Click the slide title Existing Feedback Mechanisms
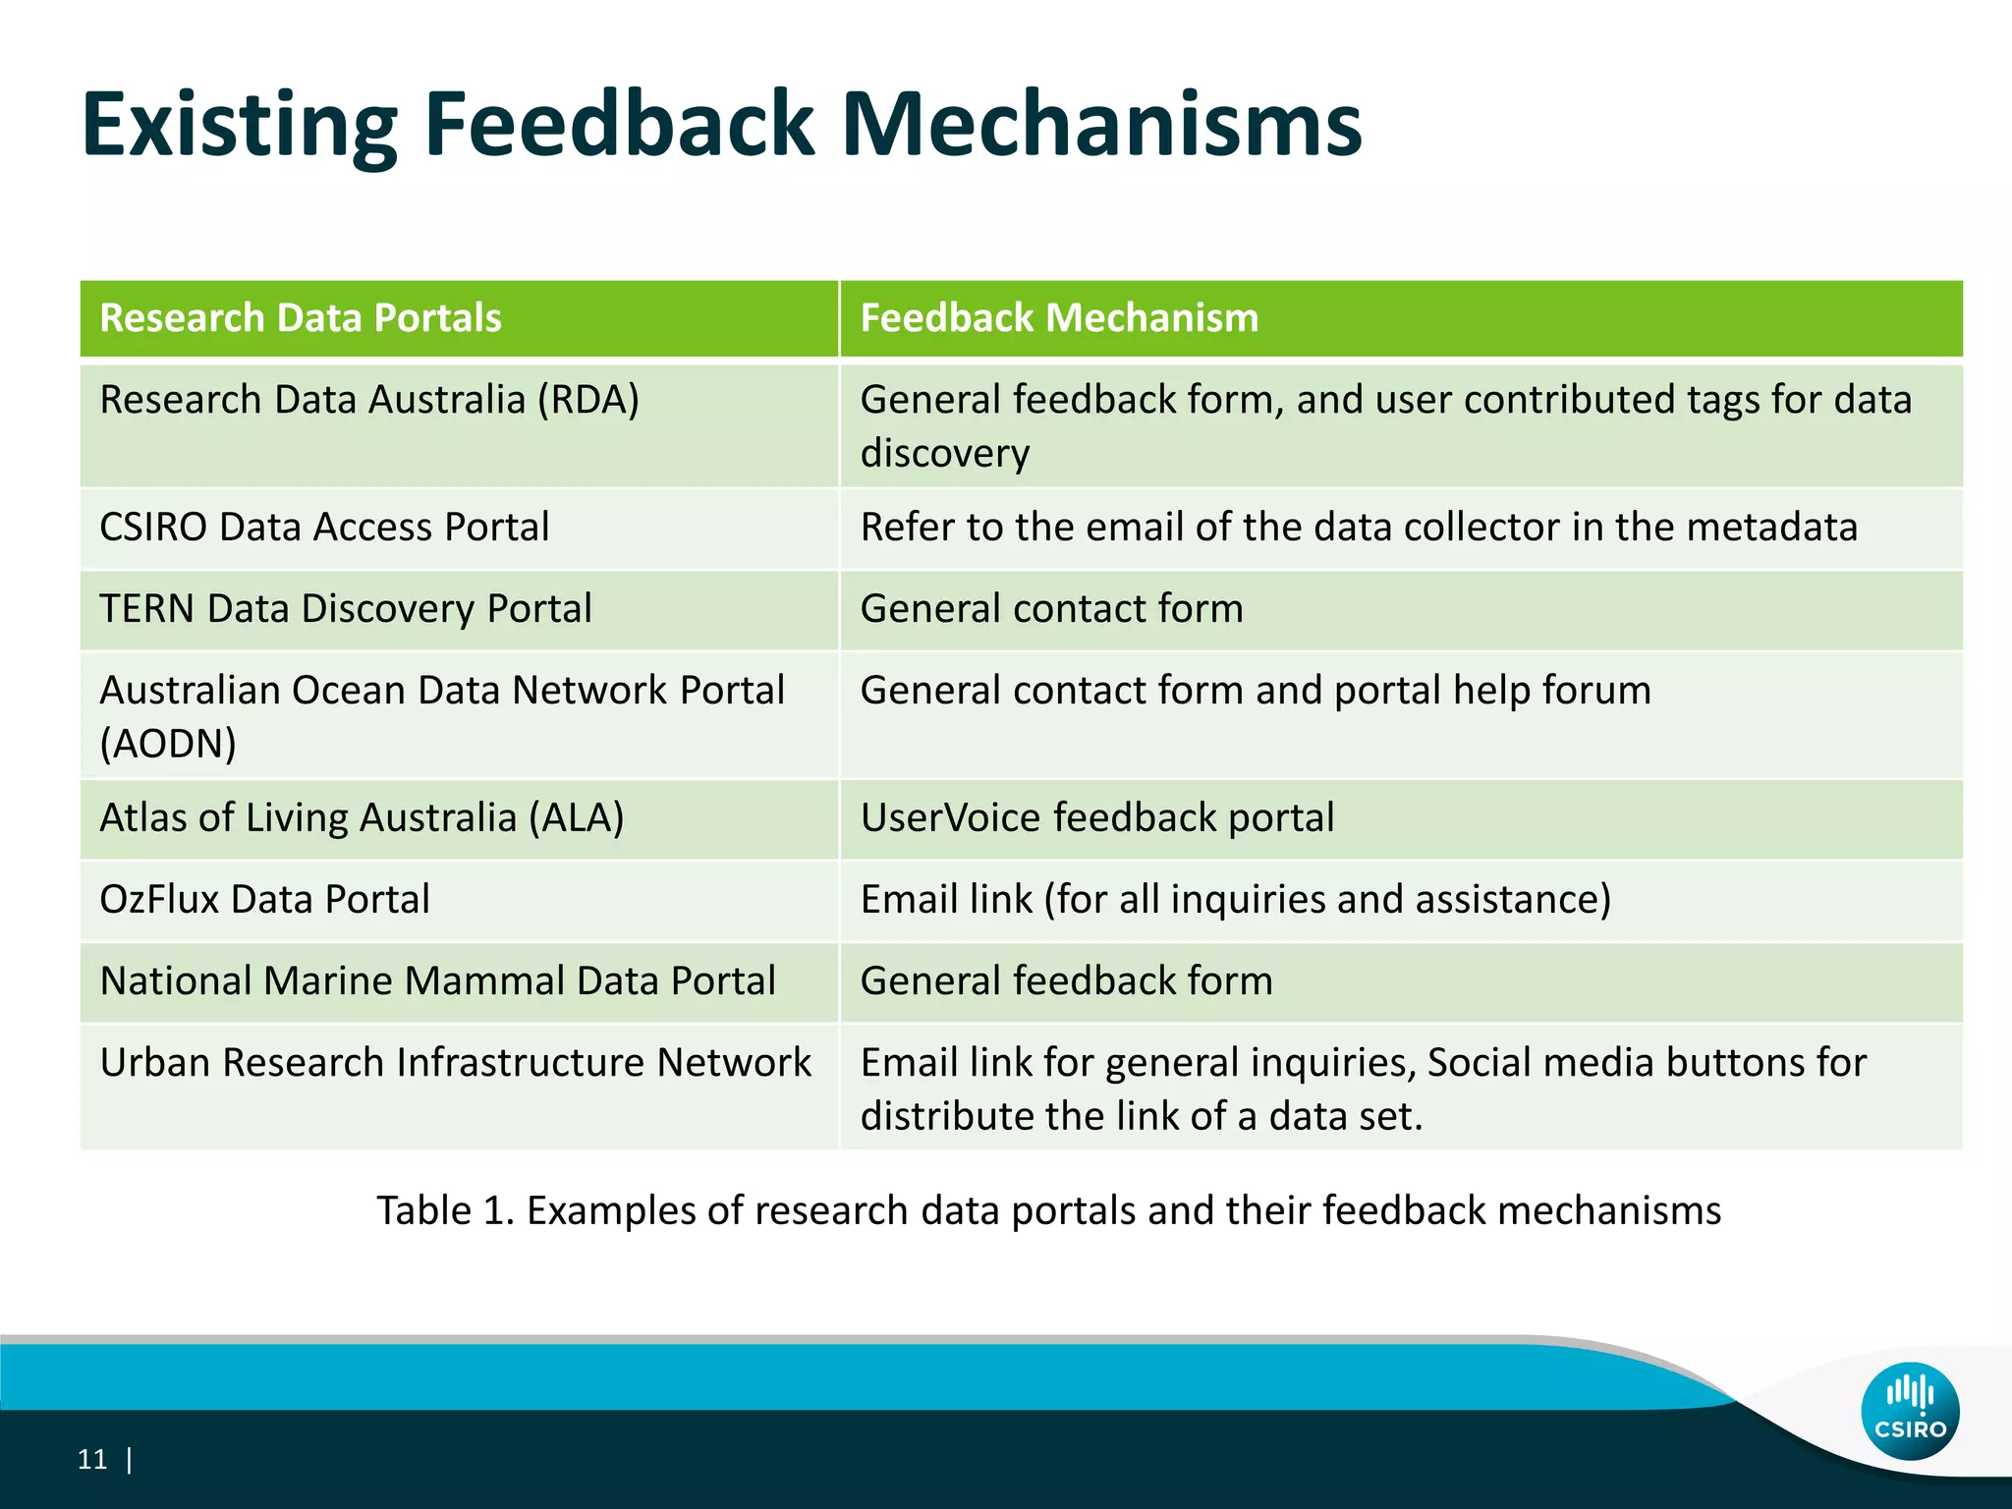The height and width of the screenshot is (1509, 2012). (721, 125)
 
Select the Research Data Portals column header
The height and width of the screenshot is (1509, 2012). (301, 318)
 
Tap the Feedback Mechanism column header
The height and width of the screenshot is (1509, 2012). (1059, 318)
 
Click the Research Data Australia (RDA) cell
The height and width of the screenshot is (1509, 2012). (369, 401)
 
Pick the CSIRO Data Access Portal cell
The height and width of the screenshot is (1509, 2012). (324, 528)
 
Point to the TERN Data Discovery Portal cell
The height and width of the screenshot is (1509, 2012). (346, 609)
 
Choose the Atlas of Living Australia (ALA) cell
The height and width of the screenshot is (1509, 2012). (362, 818)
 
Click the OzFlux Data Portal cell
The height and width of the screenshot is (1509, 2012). (265, 900)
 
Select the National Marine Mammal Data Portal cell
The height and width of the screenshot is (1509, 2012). (438, 981)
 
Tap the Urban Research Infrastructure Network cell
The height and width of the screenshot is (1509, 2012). (456, 1063)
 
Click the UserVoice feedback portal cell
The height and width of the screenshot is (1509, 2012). (1097, 818)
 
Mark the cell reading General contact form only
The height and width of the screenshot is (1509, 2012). (1051, 609)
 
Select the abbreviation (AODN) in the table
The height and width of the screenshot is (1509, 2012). (168, 744)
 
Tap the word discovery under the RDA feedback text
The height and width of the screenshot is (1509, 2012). (944, 454)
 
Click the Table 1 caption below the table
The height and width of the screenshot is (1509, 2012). (1048, 1210)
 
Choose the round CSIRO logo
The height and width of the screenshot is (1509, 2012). (1910, 1411)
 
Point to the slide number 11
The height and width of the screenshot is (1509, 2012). (91, 1460)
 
